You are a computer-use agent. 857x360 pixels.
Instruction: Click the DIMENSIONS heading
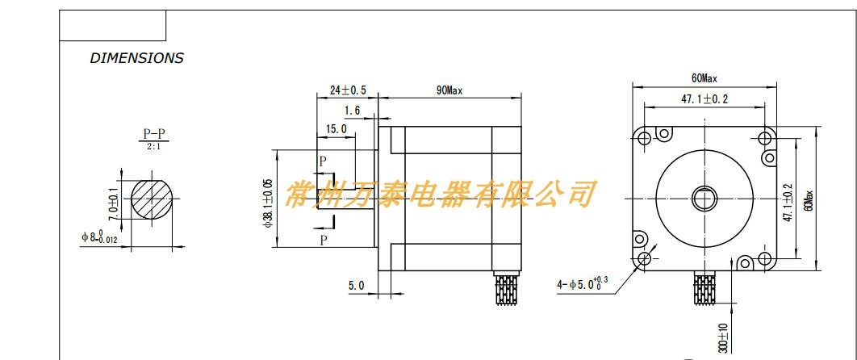pos(136,58)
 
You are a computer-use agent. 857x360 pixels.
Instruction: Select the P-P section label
pos(157,134)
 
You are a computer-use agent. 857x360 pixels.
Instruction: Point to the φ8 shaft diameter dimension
pos(99,237)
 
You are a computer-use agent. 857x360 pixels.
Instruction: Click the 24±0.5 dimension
pos(349,90)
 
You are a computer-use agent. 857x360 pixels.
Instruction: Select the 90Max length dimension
pos(449,90)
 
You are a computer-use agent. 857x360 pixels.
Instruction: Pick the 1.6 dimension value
pos(352,111)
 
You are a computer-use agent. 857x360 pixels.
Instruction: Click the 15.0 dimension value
pos(336,129)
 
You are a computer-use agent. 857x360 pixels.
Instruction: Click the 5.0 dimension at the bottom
pos(356,285)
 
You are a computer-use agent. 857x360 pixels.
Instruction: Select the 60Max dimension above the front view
pos(704,78)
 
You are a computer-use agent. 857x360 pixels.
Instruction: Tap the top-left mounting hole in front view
pos(644,138)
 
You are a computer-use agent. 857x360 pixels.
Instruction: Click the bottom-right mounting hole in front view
pos(763,258)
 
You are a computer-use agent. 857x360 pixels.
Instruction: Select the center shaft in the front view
pos(704,198)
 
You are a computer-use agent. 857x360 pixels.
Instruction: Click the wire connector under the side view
pos(506,290)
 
